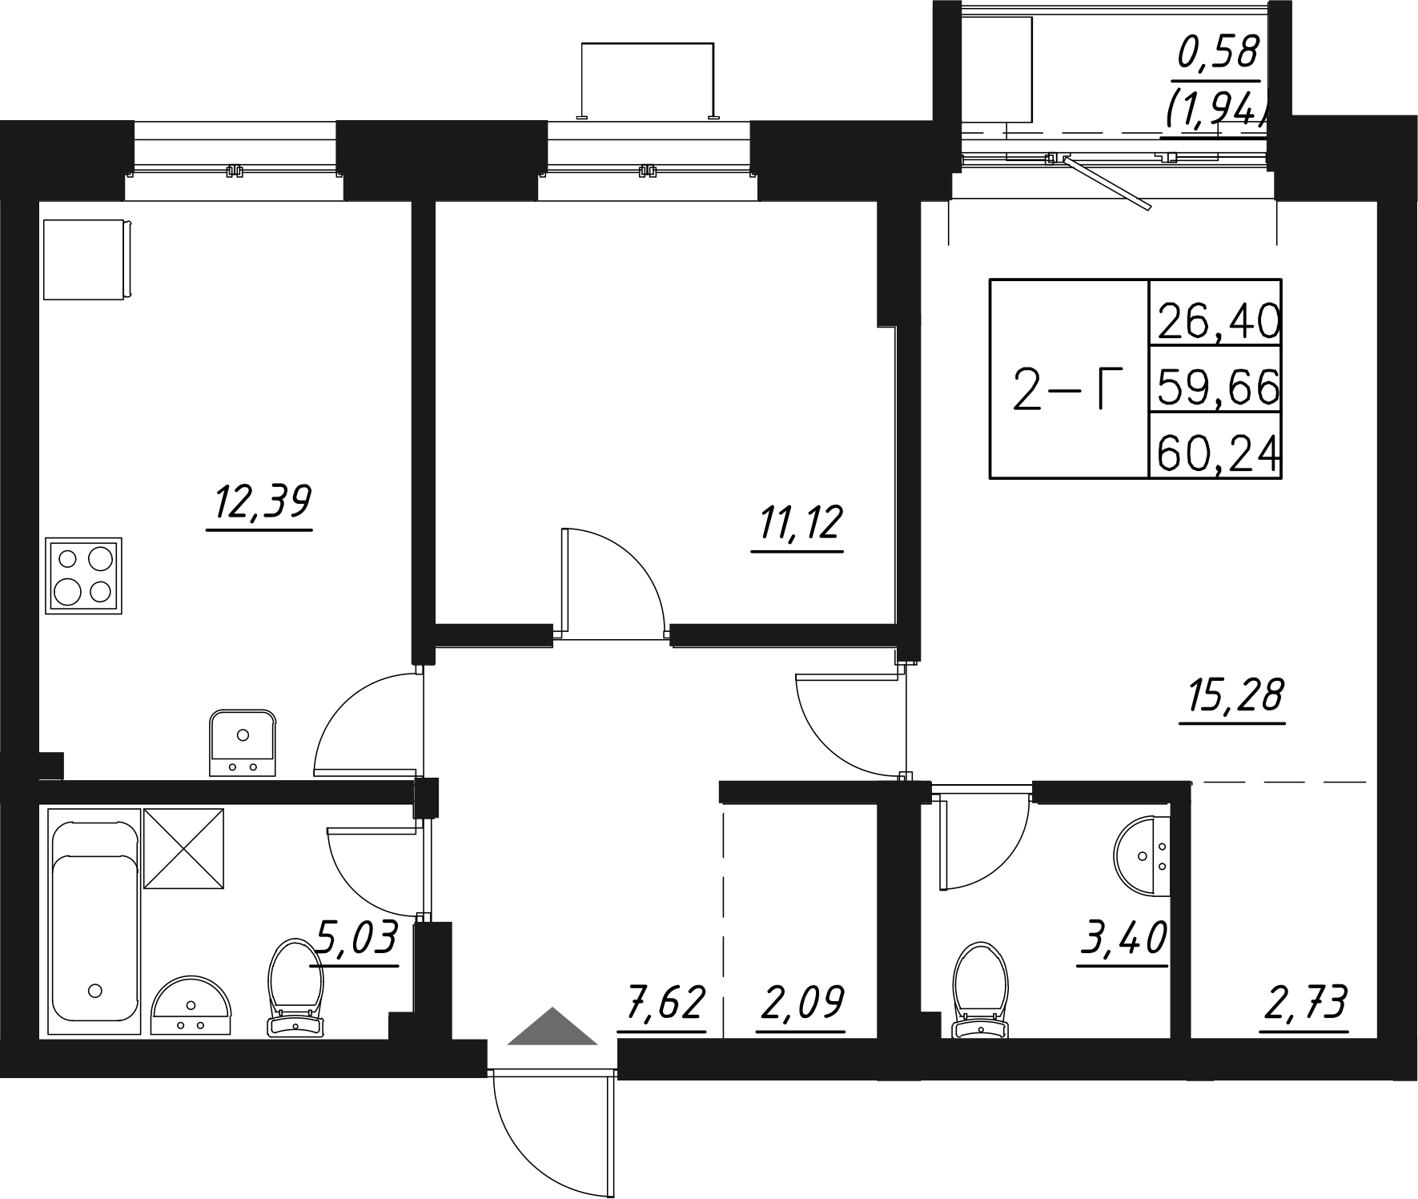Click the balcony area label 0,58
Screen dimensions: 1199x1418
(x=1219, y=55)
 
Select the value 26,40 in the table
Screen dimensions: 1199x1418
(x=1216, y=323)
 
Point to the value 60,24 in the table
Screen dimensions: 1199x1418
(x=1216, y=456)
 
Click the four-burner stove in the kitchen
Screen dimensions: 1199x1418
(x=83, y=576)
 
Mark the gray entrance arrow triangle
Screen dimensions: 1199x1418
(x=552, y=1028)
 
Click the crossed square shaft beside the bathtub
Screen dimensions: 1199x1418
(x=183, y=848)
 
